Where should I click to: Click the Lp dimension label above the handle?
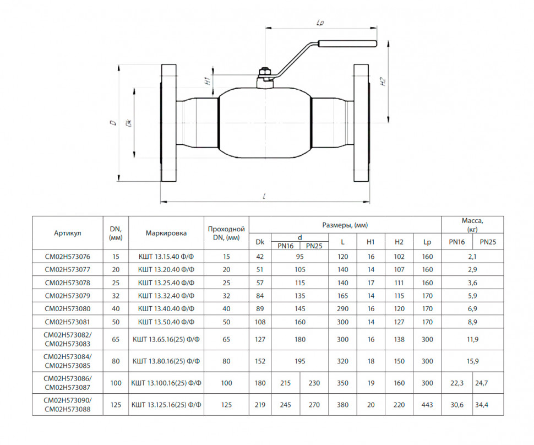click(x=320, y=23)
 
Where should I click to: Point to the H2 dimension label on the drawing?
click(x=383, y=82)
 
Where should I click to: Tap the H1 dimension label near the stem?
click(x=207, y=81)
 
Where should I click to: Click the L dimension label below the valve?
click(x=264, y=196)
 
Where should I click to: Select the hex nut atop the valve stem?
click(x=264, y=72)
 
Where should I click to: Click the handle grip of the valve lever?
click(x=347, y=44)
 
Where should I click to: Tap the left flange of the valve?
click(x=168, y=123)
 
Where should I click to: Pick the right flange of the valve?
click(x=361, y=123)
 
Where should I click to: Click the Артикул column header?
click(x=67, y=234)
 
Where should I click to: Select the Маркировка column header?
click(x=166, y=234)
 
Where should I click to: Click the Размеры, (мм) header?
click(x=345, y=225)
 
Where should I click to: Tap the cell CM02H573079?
click(x=67, y=296)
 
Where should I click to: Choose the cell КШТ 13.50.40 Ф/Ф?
click(x=166, y=322)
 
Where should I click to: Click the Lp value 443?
click(x=427, y=405)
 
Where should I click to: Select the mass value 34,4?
click(x=482, y=405)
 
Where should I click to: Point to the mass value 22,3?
click(x=457, y=383)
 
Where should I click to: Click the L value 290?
click(x=342, y=309)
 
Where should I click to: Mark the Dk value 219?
click(x=260, y=405)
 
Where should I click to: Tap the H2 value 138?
click(x=399, y=339)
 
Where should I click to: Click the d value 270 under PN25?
click(x=314, y=405)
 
